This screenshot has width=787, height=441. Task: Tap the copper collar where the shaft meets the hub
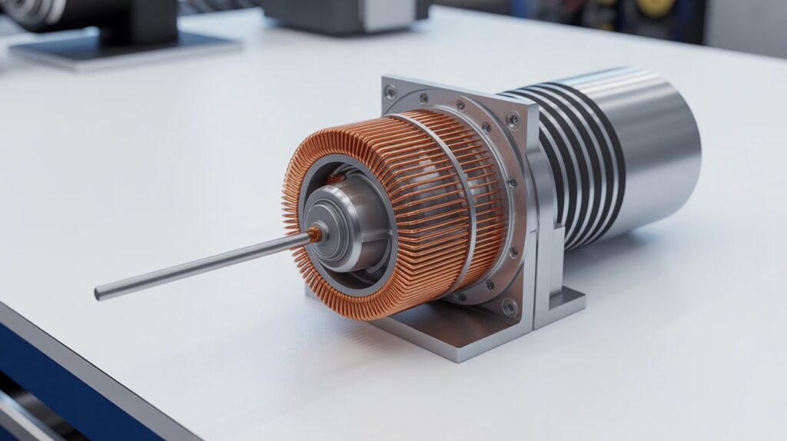pyautogui.click(x=315, y=235)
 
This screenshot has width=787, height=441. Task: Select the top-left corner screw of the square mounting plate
pyautogui.click(x=391, y=91)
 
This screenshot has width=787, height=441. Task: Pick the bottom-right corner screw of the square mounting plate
pyautogui.click(x=510, y=306)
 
